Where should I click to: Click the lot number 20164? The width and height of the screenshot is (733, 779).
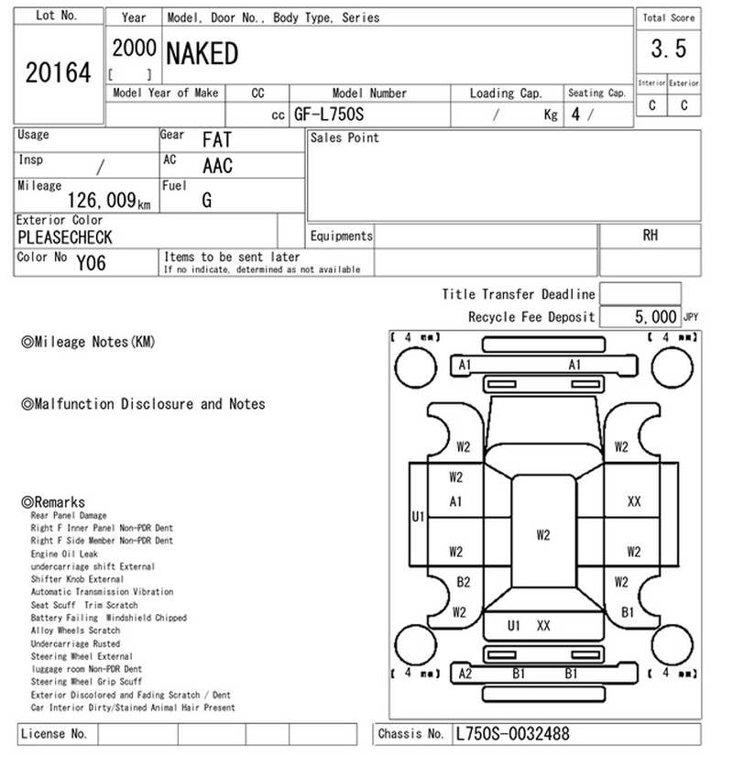tap(59, 72)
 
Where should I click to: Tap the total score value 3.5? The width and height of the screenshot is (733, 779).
tap(669, 49)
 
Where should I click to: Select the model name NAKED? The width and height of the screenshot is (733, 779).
tap(202, 54)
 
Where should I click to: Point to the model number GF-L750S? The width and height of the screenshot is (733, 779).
tap(329, 115)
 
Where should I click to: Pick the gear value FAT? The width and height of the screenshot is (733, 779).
tap(217, 139)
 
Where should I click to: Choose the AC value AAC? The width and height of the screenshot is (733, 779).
tap(217, 166)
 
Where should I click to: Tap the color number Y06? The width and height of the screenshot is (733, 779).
tap(91, 263)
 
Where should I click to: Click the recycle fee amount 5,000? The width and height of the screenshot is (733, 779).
tap(655, 316)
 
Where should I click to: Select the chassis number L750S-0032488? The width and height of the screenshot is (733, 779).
tap(512, 734)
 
